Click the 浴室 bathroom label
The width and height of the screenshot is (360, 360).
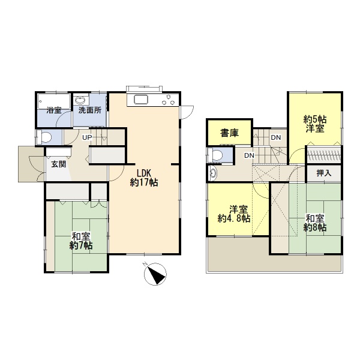(x=54, y=110)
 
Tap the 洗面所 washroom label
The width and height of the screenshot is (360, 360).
(x=90, y=110)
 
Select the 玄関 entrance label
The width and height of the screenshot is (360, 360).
(x=59, y=164)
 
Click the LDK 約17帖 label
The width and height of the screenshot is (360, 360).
(x=144, y=178)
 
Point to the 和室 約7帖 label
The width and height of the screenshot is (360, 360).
(x=81, y=241)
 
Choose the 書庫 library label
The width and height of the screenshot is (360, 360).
(x=229, y=133)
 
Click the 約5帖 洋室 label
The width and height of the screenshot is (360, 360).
(x=315, y=124)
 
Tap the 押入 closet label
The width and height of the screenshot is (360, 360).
(x=324, y=173)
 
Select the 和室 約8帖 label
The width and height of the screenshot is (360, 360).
(x=315, y=223)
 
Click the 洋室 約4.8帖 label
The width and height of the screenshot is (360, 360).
(x=234, y=214)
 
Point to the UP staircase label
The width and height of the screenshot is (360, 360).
(x=87, y=137)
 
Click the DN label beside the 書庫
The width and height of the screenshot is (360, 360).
(x=276, y=137)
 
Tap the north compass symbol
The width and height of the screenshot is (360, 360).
(x=155, y=274)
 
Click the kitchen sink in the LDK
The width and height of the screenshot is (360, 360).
(x=141, y=100)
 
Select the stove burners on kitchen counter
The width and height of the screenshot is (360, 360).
(x=169, y=100)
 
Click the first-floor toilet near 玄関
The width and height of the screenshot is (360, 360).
(x=44, y=137)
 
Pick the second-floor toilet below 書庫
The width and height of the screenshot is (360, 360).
(x=215, y=155)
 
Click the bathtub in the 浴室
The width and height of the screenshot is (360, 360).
(x=54, y=101)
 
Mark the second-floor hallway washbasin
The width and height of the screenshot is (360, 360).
(x=212, y=173)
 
